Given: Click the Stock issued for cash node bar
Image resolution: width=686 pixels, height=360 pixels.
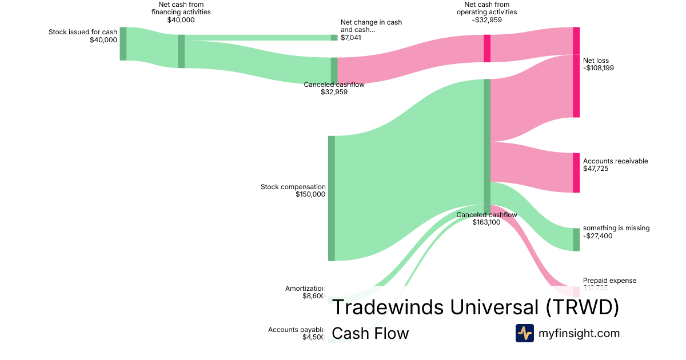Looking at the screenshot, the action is click(123, 43).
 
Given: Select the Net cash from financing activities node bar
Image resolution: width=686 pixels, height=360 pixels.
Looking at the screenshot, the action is click(181, 51).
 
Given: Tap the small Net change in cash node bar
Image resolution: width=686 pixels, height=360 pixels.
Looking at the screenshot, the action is click(334, 38).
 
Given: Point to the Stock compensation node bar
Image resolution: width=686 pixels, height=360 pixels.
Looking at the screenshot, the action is click(332, 198).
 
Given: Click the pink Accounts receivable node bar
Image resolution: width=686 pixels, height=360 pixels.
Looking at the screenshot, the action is click(576, 173).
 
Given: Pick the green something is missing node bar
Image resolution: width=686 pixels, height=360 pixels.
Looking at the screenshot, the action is click(576, 239).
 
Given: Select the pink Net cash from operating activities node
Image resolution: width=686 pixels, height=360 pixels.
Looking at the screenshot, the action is click(487, 49).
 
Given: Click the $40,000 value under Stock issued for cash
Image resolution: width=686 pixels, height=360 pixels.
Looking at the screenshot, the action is click(103, 40).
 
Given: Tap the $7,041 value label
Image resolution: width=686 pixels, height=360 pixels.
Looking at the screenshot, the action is click(351, 38).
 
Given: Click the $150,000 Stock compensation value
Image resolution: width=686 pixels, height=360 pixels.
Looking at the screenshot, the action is click(310, 194).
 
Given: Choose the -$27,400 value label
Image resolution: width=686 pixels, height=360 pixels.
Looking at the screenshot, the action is click(598, 235).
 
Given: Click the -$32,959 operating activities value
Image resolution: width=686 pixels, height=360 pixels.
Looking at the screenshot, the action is click(486, 20).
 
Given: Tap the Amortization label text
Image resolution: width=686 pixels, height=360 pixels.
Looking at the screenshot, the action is click(305, 289).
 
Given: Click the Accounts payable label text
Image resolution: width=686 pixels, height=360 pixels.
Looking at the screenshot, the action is click(297, 330).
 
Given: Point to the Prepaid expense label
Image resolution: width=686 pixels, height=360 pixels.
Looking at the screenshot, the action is click(609, 281).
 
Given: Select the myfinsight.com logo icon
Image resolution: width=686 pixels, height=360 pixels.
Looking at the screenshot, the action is click(524, 333).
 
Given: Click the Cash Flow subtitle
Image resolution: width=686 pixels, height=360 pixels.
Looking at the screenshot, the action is click(370, 334).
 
